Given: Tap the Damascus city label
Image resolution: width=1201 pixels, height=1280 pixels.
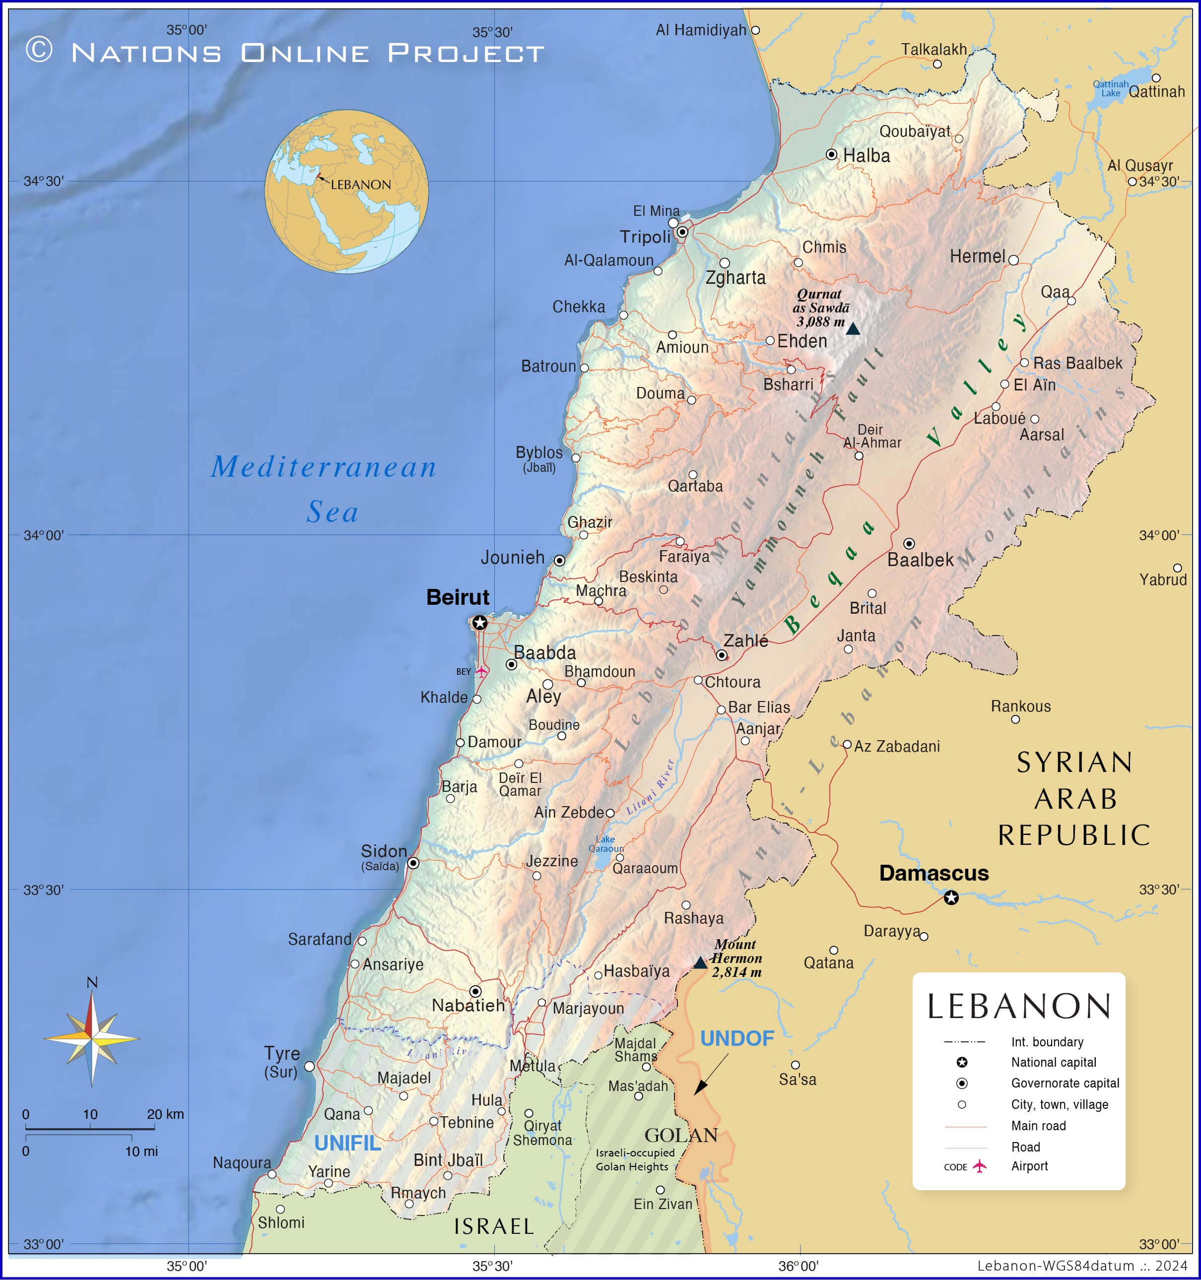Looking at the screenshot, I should (x=934, y=873).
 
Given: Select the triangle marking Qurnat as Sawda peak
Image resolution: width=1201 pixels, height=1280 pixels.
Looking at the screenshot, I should (x=853, y=329).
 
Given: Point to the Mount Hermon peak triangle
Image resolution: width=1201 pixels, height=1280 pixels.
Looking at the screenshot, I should (x=700, y=963).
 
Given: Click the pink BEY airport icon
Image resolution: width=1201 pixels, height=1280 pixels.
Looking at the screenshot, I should (x=481, y=672).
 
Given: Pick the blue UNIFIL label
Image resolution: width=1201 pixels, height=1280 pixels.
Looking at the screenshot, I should (x=348, y=1144).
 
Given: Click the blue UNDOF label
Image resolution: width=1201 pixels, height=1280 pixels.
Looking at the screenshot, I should (x=736, y=1038).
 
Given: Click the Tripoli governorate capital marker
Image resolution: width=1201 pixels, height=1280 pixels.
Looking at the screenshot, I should (x=682, y=232).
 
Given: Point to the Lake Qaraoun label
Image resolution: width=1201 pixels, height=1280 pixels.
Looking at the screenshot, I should (x=606, y=843).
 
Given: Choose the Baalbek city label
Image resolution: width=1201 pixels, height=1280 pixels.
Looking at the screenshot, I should (x=920, y=560).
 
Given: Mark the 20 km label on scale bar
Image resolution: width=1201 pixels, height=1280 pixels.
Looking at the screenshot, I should (x=165, y=1114).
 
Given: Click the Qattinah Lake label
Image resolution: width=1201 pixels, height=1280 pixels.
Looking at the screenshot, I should (x=1110, y=88).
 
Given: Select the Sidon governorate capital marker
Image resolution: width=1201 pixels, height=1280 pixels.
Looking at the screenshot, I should (x=413, y=863).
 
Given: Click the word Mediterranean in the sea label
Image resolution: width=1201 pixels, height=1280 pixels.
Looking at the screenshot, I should (x=324, y=467).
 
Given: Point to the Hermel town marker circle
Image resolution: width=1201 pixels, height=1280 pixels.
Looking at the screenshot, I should (x=1013, y=260).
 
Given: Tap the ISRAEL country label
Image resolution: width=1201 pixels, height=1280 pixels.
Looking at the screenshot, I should (x=494, y=1226).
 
